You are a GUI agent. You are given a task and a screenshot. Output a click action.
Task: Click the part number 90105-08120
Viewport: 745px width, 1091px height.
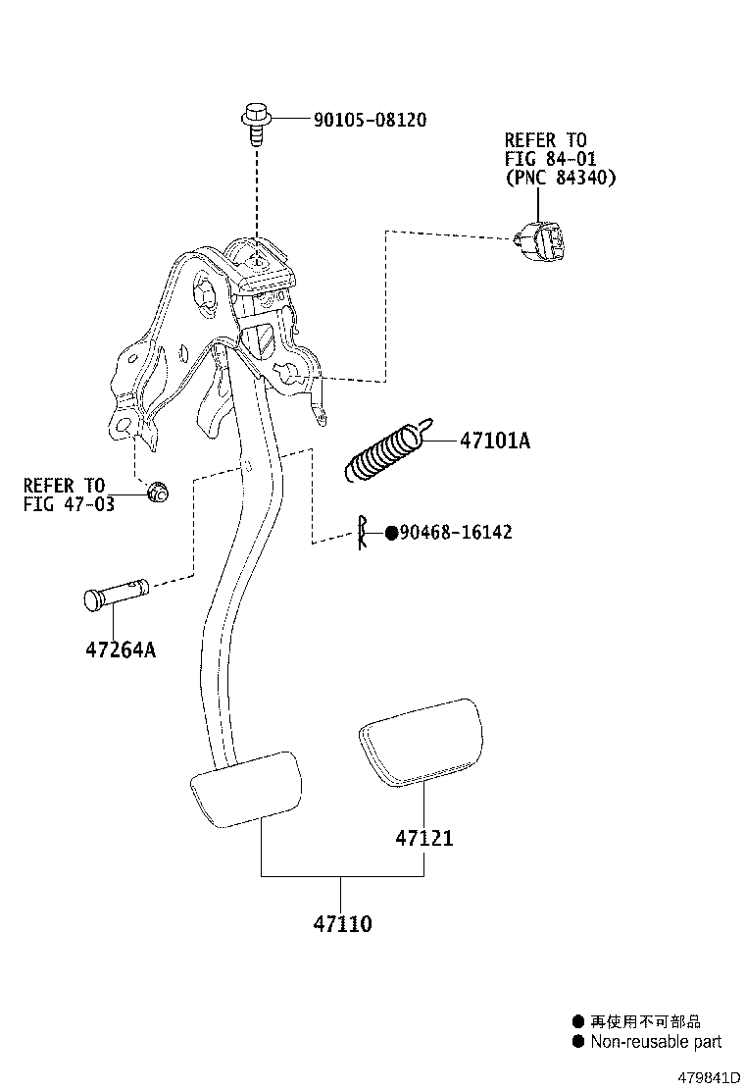tap(370, 120)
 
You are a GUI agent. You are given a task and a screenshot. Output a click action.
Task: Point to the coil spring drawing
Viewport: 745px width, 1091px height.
tap(386, 453)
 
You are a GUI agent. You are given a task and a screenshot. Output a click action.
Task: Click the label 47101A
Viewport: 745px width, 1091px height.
tap(495, 442)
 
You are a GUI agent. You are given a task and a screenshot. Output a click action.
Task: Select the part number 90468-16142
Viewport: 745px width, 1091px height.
tap(456, 533)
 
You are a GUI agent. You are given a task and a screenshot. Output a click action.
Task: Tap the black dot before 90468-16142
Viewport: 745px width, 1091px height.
tap(391, 533)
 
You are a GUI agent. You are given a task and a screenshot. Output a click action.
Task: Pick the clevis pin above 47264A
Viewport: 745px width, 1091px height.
tap(115, 595)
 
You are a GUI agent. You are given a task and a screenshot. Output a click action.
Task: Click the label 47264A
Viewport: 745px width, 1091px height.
tap(119, 649)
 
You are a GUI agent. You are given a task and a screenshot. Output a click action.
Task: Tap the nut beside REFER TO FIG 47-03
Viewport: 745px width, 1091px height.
tap(155, 492)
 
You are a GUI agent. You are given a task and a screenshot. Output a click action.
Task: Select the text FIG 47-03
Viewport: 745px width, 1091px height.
tap(69, 504)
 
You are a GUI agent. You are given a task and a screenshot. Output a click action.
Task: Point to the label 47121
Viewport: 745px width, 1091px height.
tap(424, 839)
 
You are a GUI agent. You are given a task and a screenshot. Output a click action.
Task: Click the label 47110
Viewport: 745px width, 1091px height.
tap(342, 923)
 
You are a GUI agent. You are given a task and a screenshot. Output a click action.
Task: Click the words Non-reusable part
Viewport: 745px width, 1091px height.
tap(655, 1042)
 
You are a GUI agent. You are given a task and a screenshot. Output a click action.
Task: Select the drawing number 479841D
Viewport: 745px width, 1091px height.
tap(701, 1076)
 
